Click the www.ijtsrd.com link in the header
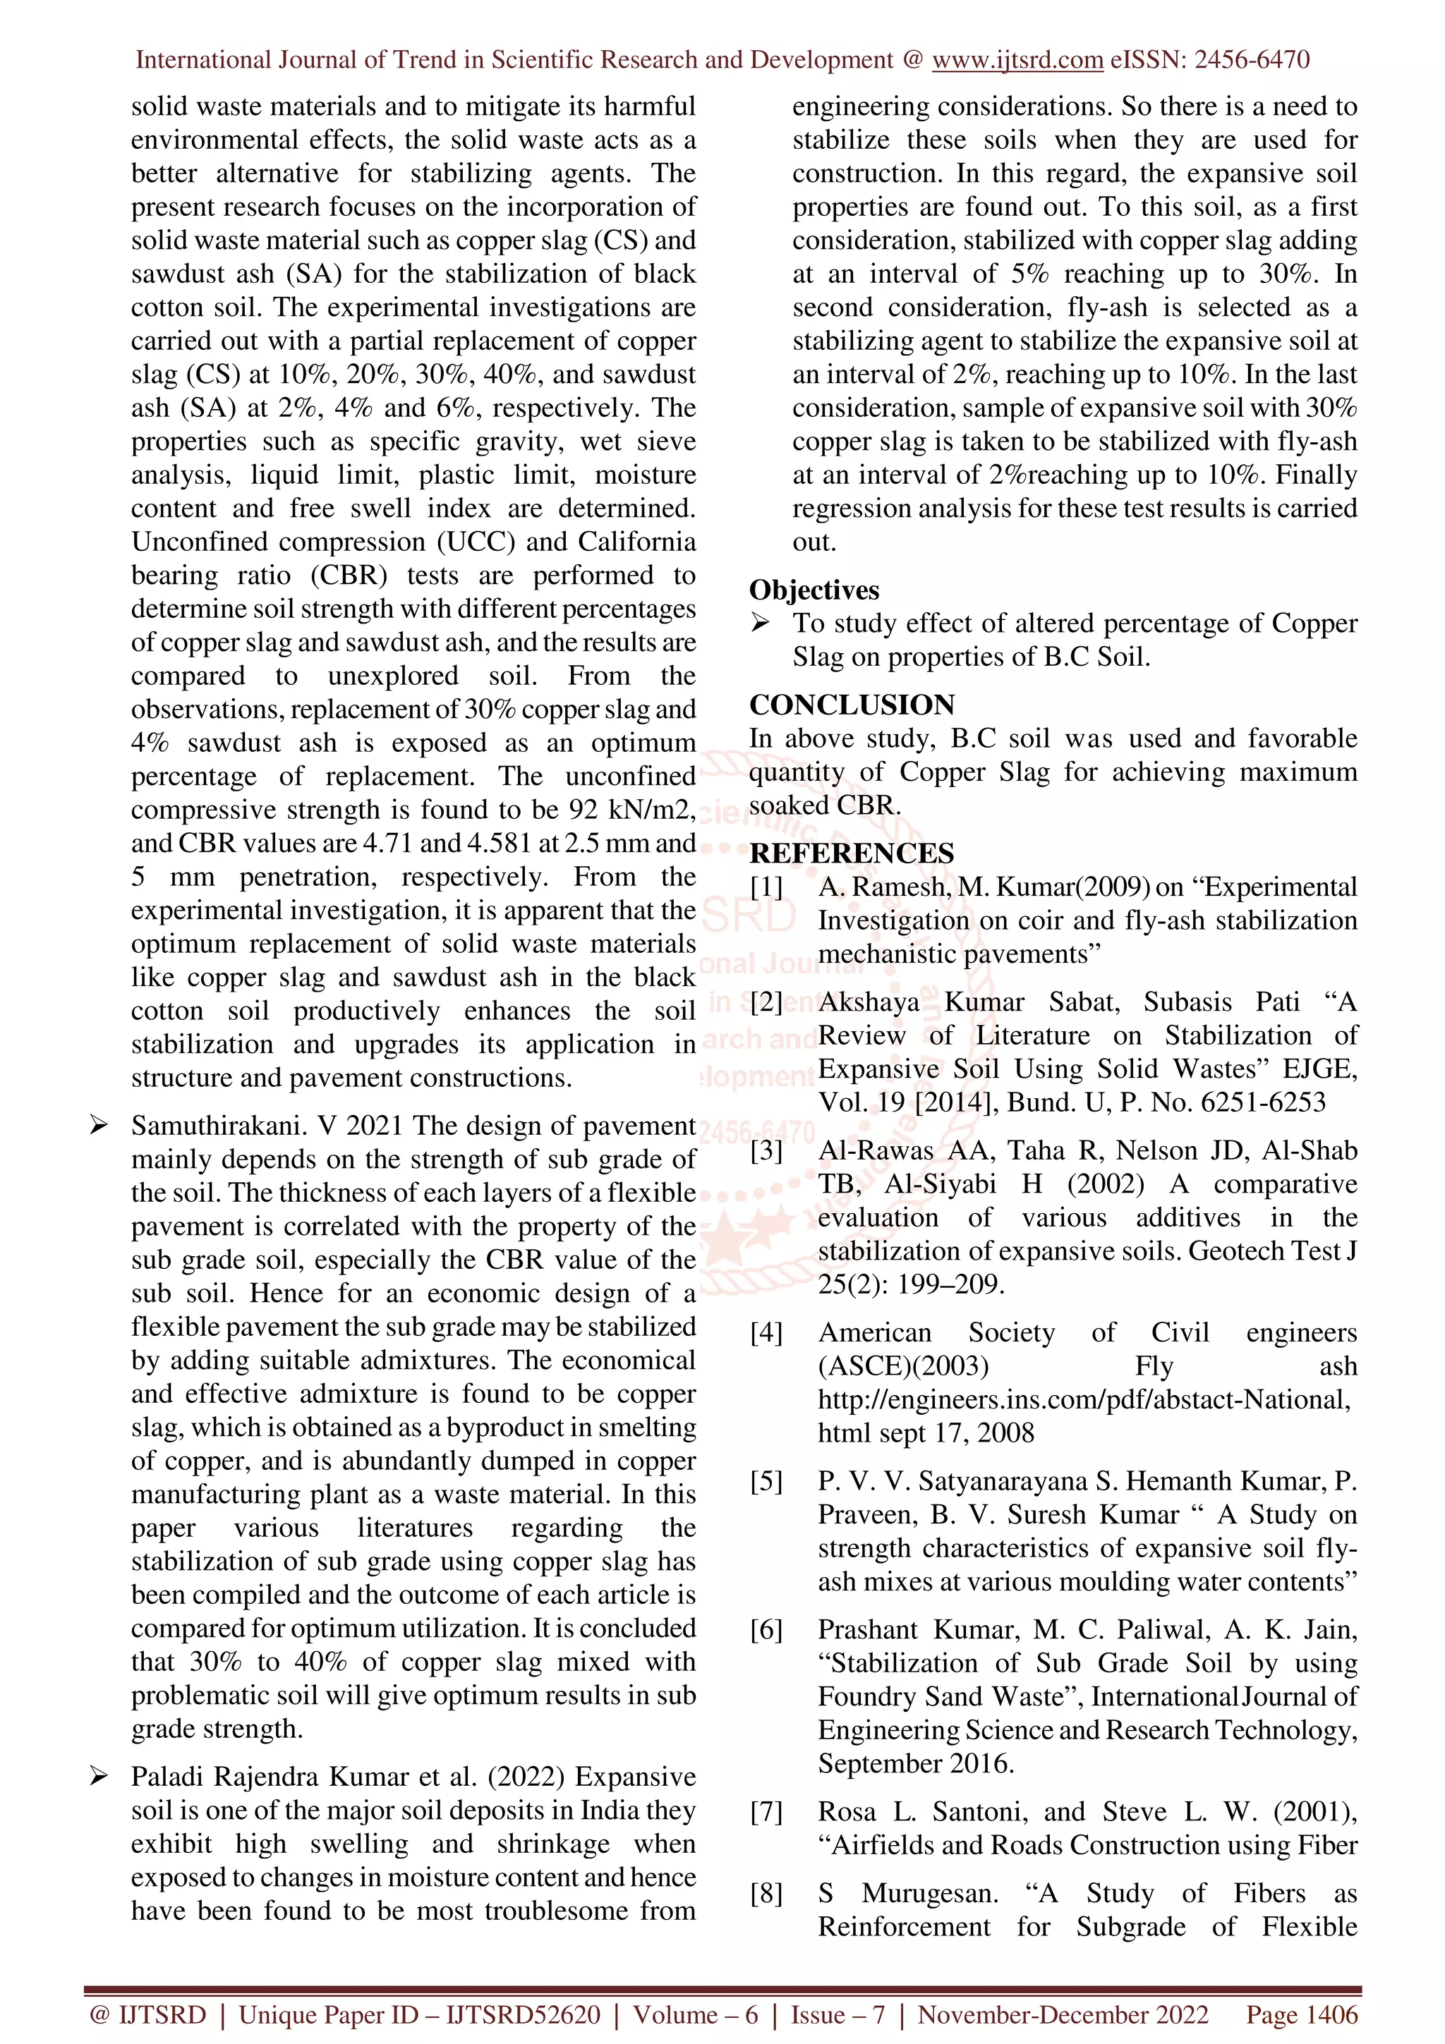tap(1017, 60)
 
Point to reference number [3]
tap(766, 1150)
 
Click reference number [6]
tap(766, 1629)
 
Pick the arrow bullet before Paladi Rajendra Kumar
tap(98, 1777)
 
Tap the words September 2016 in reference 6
tap(914, 1763)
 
